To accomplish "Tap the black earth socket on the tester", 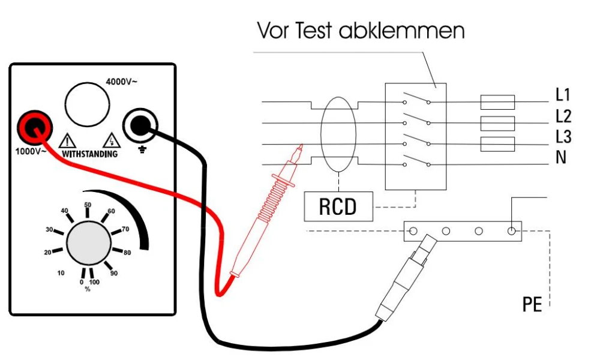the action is (140, 125).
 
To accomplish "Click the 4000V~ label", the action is (121, 82).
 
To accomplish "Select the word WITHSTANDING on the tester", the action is (89, 154).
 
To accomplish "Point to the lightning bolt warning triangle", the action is (112, 140).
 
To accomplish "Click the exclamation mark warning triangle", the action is (67, 141).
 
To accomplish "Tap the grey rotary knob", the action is (89, 243).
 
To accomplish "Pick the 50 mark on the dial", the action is (88, 205).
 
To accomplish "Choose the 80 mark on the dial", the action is (127, 253).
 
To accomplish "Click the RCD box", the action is (338, 206).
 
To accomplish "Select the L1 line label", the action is (563, 95).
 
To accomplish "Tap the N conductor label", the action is (560, 157).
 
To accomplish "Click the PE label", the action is (532, 304).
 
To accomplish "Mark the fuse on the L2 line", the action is (497, 124).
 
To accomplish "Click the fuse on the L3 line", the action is (497, 144).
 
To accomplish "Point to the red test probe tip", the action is (302, 145).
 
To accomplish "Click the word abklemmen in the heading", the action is (401, 31).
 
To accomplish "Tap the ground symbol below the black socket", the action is (142, 149).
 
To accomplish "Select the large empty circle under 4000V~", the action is (87, 104).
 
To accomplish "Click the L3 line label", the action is (563, 137).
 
